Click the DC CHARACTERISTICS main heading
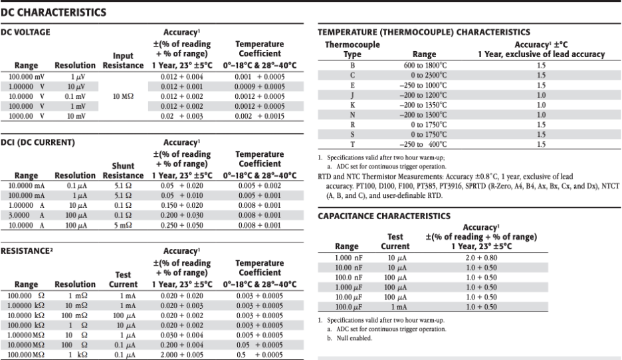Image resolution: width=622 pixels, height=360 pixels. (x=54, y=12)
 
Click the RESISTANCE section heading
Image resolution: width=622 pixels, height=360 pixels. (x=30, y=252)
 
